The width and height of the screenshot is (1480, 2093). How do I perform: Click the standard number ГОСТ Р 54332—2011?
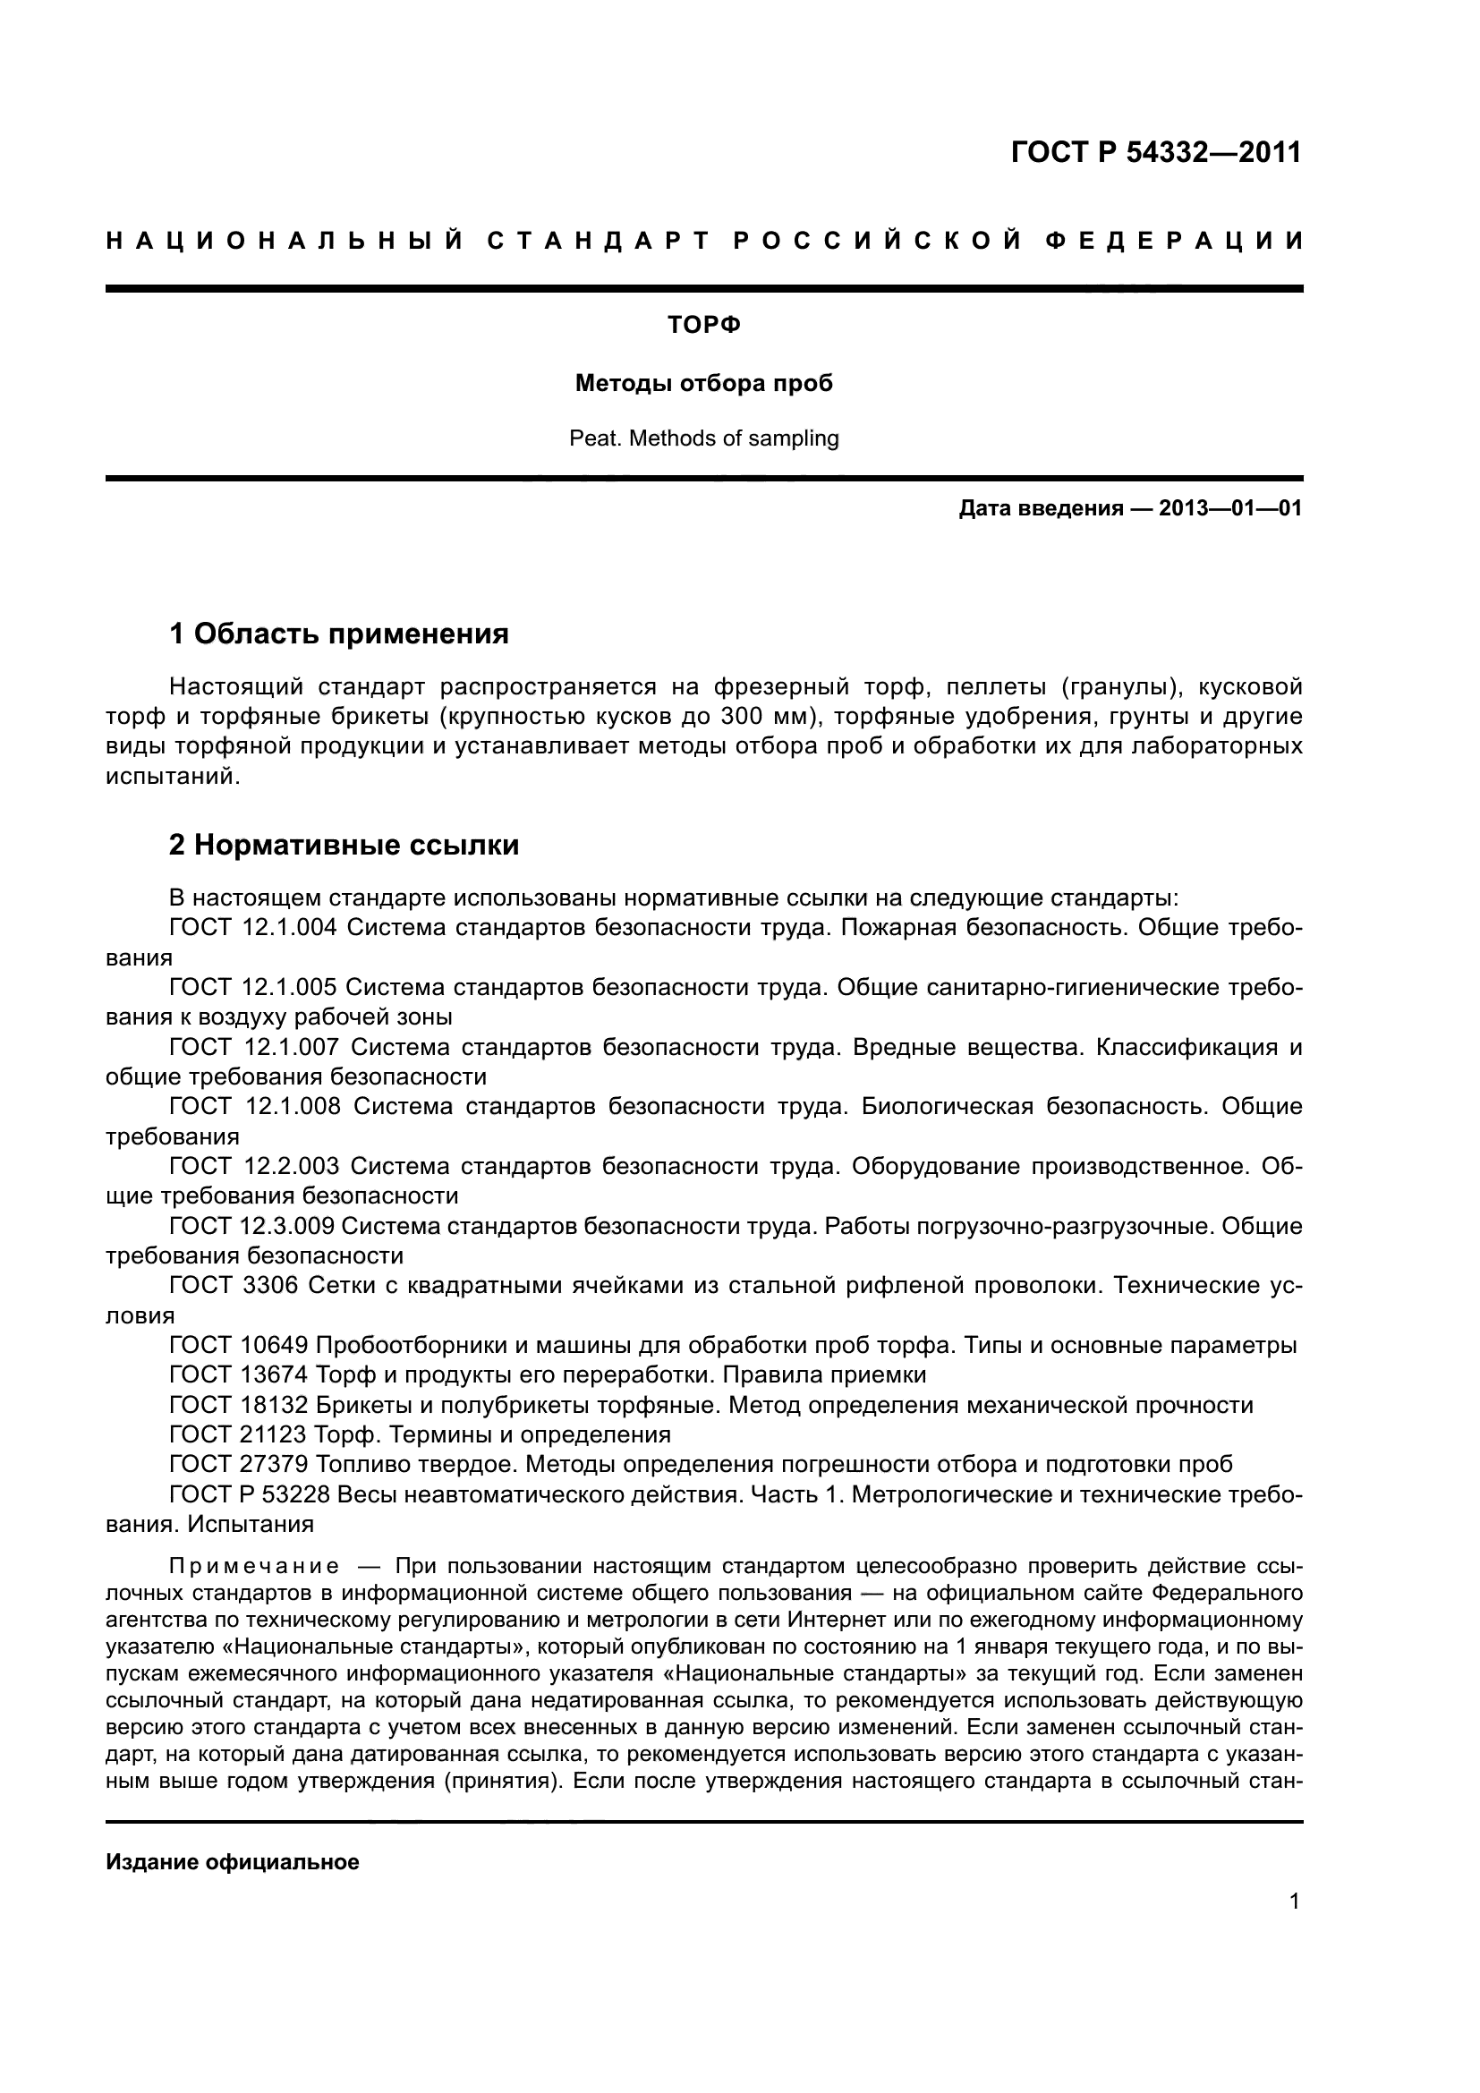pos(1155,152)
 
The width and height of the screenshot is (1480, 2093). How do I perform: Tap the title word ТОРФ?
pos(703,326)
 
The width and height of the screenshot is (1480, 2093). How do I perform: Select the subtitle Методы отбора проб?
pos(703,384)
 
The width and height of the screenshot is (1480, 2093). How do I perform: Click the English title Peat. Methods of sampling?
pos(703,438)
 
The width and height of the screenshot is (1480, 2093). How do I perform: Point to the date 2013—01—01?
pos(1229,508)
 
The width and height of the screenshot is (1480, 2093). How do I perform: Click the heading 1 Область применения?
pos(339,633)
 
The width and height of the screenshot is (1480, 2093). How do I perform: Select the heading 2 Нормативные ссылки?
pos(344,845)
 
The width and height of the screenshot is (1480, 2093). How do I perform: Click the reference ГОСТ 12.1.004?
pos(253,928)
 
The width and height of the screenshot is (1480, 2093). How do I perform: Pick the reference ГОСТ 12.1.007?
pos(253,1048)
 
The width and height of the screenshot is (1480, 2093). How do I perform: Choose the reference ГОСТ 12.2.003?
pos(253,1166)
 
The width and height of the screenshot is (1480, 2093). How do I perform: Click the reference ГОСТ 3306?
pos(234,1285)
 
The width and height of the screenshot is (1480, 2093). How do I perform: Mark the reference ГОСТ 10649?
pos(241,1346)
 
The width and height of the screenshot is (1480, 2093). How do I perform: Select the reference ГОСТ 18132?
pos(241,1405)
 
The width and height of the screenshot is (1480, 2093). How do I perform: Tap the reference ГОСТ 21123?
pos(241,1434)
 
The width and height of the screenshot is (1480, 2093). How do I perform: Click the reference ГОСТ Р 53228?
pos(250,1494)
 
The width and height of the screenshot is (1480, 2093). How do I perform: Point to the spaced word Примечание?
pos(254,1567)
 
